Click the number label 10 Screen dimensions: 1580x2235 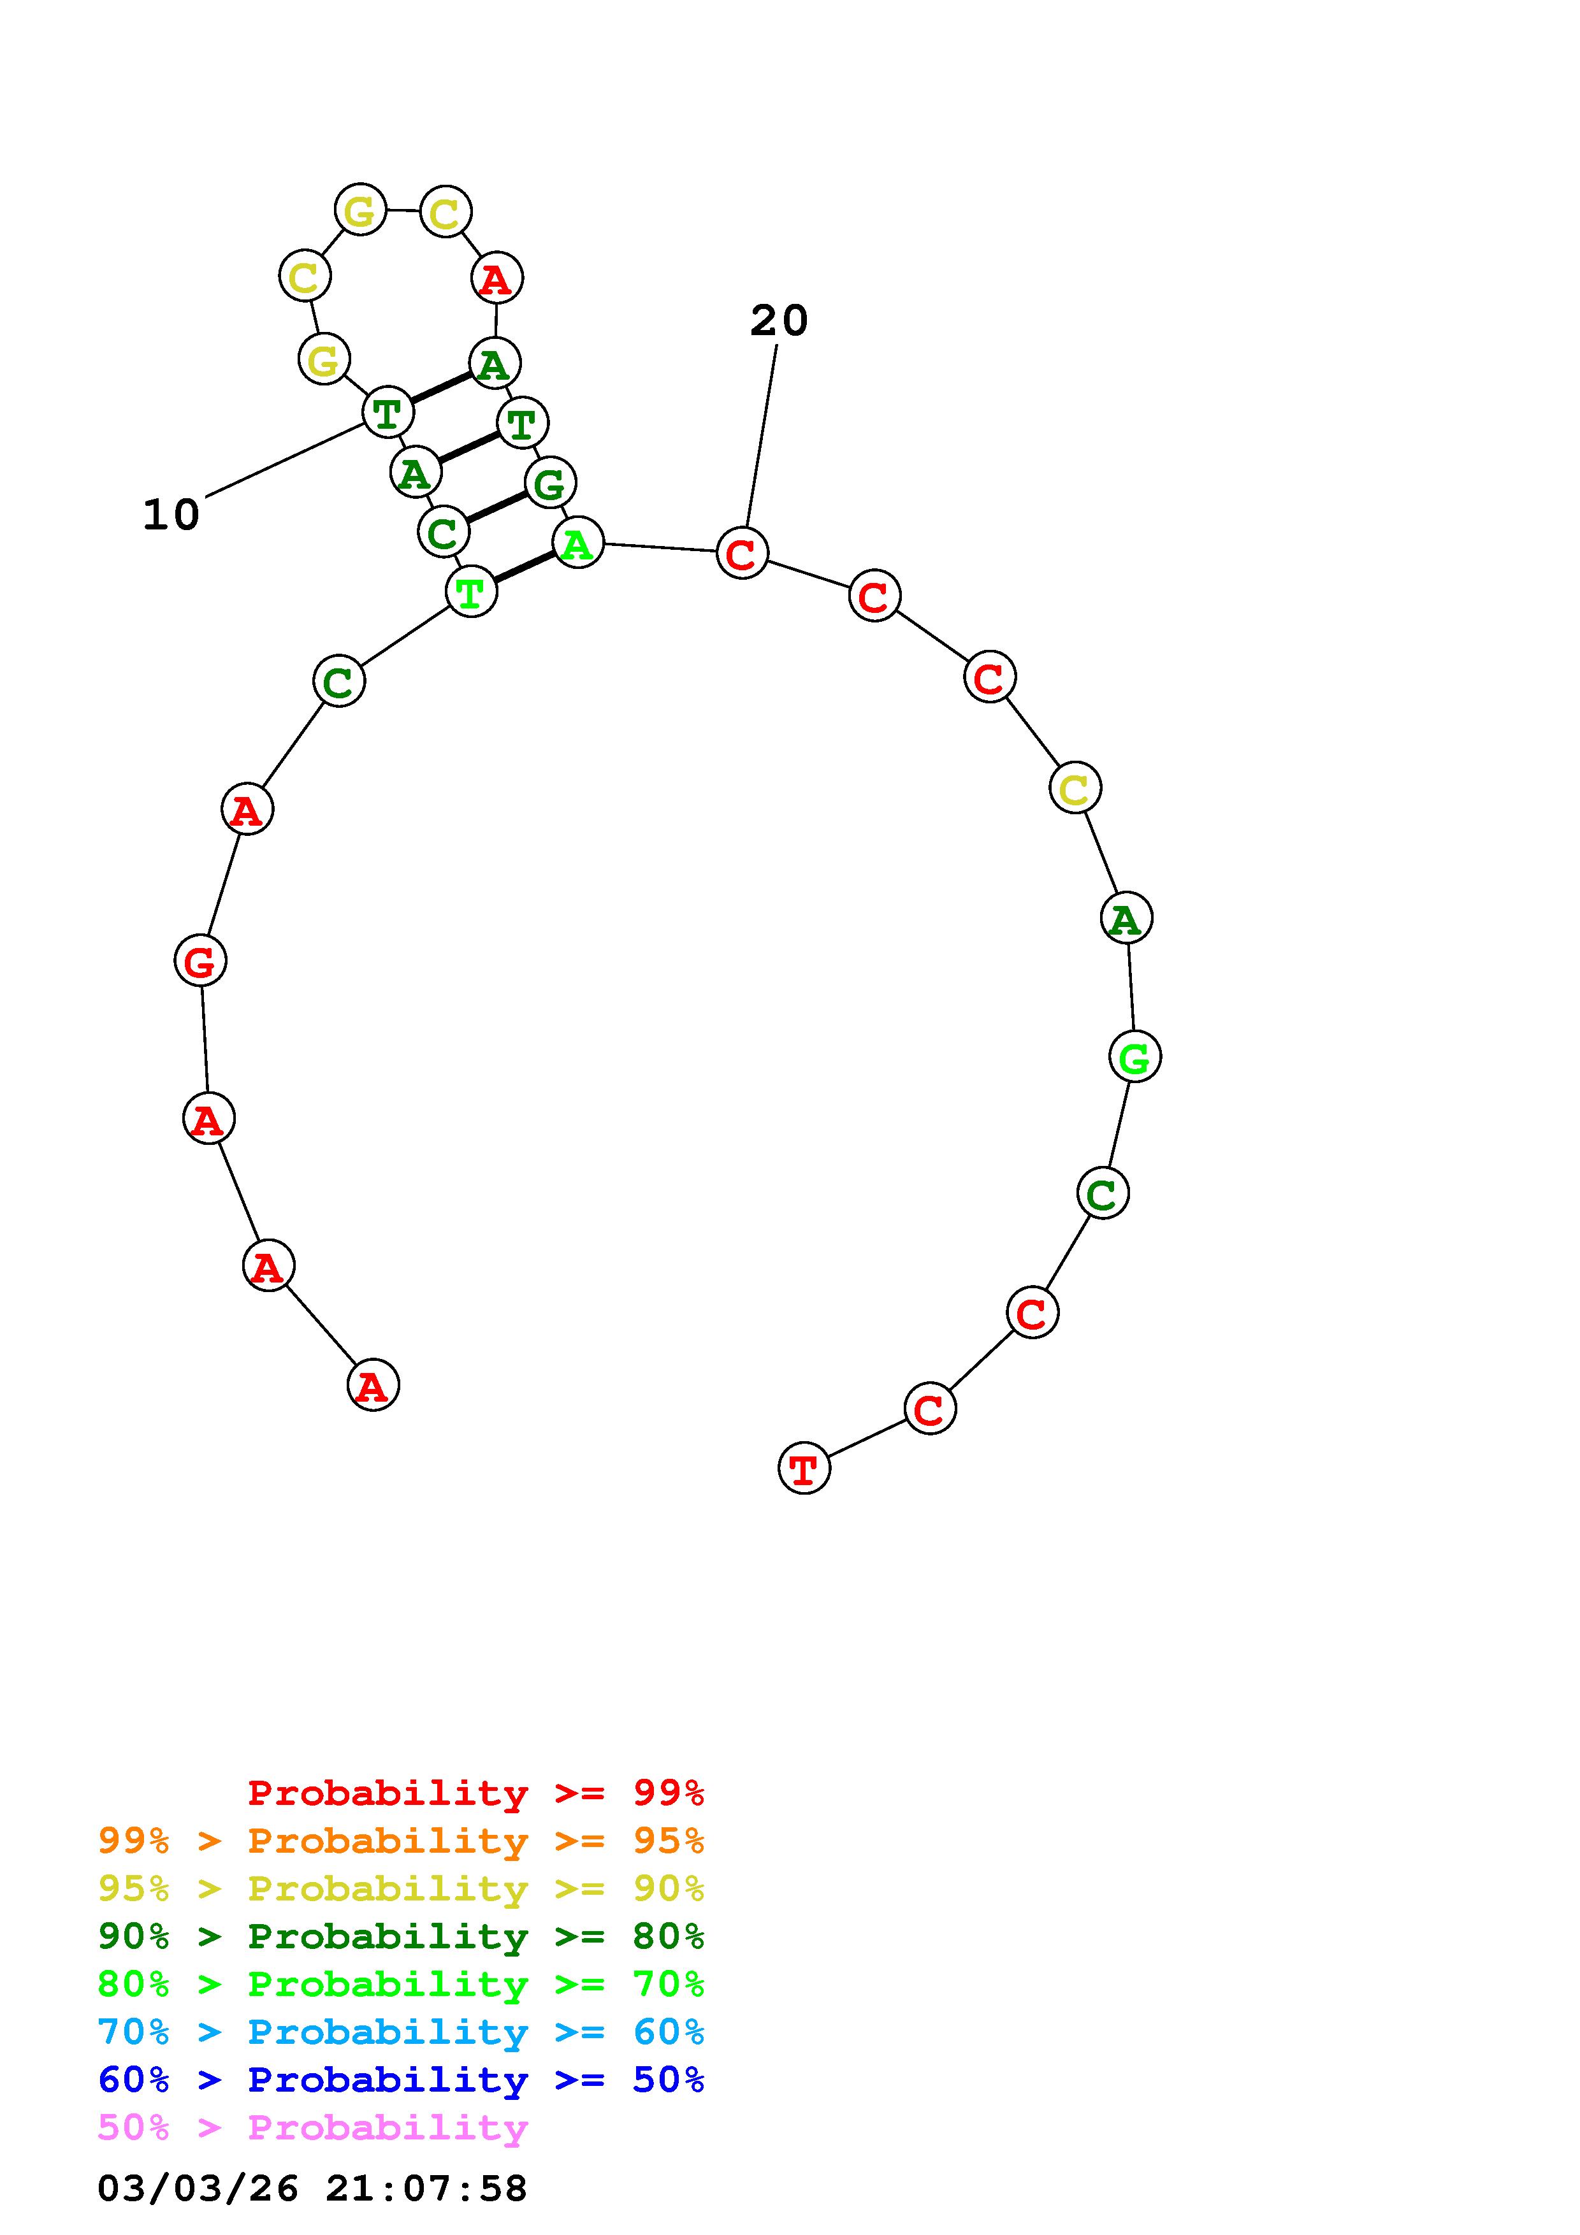click(x=171, y=515)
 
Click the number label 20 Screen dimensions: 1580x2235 click(x=779, y=321)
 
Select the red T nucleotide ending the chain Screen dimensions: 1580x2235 click(x=804, y=1468)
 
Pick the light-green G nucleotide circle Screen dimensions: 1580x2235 click(x=1135, y=1056)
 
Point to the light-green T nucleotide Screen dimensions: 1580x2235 click(x=471, y=591)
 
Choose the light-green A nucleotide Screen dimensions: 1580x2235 click(x=578, y=542)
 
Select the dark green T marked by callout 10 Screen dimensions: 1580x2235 click(x=388, y=412)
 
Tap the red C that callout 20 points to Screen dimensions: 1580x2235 click(x=743, y=553)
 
